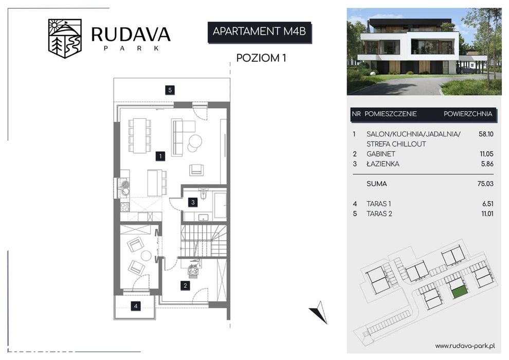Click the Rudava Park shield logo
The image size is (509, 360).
point(65,38)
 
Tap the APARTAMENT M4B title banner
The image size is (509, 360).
point(259,32)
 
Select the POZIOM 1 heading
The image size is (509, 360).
point(261,58)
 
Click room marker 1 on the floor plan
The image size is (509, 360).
point(160,156)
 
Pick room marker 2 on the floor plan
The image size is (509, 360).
point(186,285)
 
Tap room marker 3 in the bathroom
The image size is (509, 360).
point(193,202)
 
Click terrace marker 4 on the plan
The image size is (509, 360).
point(136,306)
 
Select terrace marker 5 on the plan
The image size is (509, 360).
point(170,90)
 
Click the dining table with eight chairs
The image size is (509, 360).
point(139,135)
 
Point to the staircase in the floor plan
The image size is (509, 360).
point(204,241)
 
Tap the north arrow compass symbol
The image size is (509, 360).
point(319,312)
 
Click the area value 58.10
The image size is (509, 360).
point(486,134)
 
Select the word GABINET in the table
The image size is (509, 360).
point(381,154)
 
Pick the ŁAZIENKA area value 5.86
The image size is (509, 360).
point(487,164)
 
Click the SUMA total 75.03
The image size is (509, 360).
point(485,184)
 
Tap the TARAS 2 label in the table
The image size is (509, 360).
point(379,213)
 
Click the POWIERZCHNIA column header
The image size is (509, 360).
point(468,114)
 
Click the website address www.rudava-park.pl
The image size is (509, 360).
point(465,346)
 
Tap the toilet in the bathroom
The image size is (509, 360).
point(204,193)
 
